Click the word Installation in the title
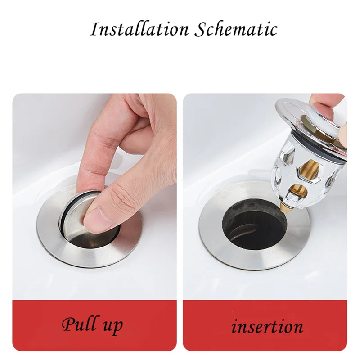point(139,30)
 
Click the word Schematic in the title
point(236,30)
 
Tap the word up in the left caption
point(112,326)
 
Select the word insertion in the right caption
point(267,326)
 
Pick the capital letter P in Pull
point(67,324)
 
